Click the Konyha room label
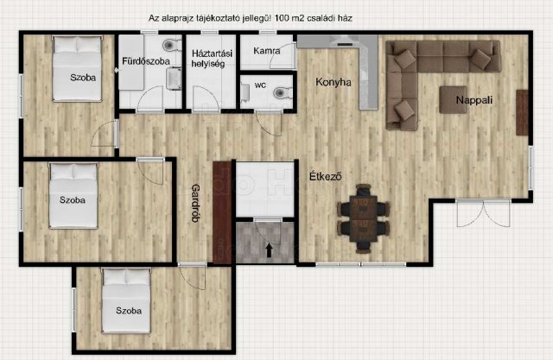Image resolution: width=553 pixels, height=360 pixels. (x=334, y=82)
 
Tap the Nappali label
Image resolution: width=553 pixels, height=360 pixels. (x=474, y=100)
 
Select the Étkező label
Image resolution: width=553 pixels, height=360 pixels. (x=326, y=176)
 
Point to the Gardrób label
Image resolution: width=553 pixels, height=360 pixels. (x=195, y=203)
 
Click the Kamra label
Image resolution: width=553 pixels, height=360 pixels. (x=267, y=51)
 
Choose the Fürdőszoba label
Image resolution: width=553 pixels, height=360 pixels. (x=146, y=61)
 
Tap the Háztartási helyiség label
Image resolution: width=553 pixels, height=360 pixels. (x=212, y=59)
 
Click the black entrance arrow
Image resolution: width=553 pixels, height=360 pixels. (x=269, y=250)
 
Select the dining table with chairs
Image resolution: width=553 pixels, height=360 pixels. (x=363, y=218)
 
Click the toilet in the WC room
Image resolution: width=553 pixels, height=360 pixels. (x=282, y=92)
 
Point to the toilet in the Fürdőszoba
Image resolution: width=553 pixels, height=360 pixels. (x=172, y=45)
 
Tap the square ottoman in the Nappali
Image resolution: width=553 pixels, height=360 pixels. (x=453, y=99)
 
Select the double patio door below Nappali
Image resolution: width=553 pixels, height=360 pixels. (x=483, y=213)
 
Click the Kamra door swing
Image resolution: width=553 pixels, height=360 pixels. (x=283, y=55)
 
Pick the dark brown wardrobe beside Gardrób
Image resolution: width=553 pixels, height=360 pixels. (x=222, y=212)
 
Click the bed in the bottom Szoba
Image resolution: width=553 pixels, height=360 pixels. (x=126, y=300)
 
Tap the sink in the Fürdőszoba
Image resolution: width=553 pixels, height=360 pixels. (x=174, y=79)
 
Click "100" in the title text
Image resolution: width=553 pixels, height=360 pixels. (x=283, y=18)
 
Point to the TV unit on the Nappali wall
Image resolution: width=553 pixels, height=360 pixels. (x=522, y=113)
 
